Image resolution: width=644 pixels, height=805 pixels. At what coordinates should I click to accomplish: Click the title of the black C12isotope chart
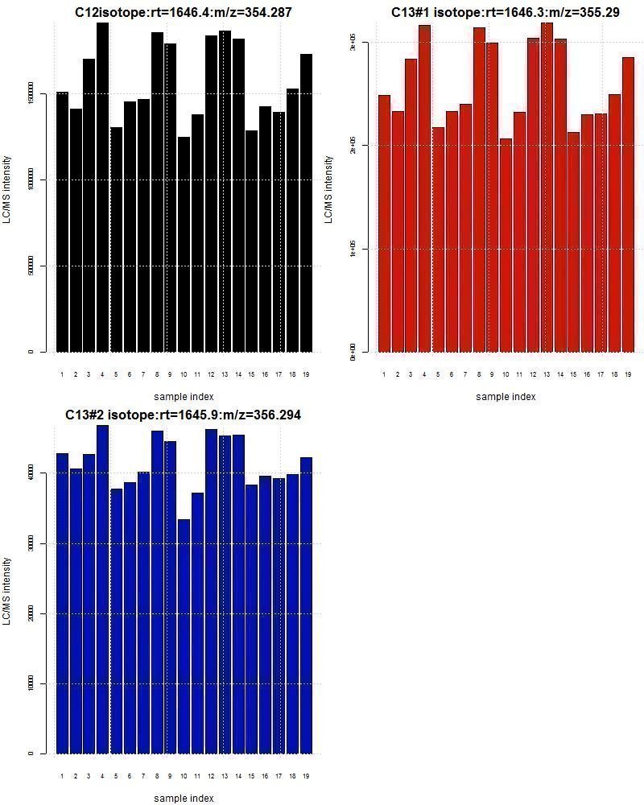pos(184,12)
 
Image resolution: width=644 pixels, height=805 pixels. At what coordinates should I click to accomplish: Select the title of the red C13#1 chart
pos(506,12)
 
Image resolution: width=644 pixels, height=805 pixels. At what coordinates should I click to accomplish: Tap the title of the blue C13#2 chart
pos(184,415)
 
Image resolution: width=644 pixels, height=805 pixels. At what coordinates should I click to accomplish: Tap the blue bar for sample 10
pos(184,636)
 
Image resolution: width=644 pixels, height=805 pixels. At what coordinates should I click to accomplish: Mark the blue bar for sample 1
pos(62,604)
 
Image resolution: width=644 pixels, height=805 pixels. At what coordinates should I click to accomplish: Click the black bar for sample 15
pos(251,241)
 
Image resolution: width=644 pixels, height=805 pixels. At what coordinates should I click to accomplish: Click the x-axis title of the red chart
pos(506,396)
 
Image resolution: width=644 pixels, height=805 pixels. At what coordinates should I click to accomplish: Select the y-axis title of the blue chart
pos(7,592)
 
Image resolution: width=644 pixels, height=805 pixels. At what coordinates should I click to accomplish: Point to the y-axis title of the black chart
pos(7,190)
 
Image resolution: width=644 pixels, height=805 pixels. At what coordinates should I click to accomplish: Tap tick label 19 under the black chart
pos(306,374)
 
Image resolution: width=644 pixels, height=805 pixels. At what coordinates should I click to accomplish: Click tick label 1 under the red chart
pos(384,374)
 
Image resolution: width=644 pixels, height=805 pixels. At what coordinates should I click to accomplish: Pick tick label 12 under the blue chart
pos(211,776)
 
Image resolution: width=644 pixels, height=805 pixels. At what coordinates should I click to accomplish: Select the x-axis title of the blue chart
pos(184,798)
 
